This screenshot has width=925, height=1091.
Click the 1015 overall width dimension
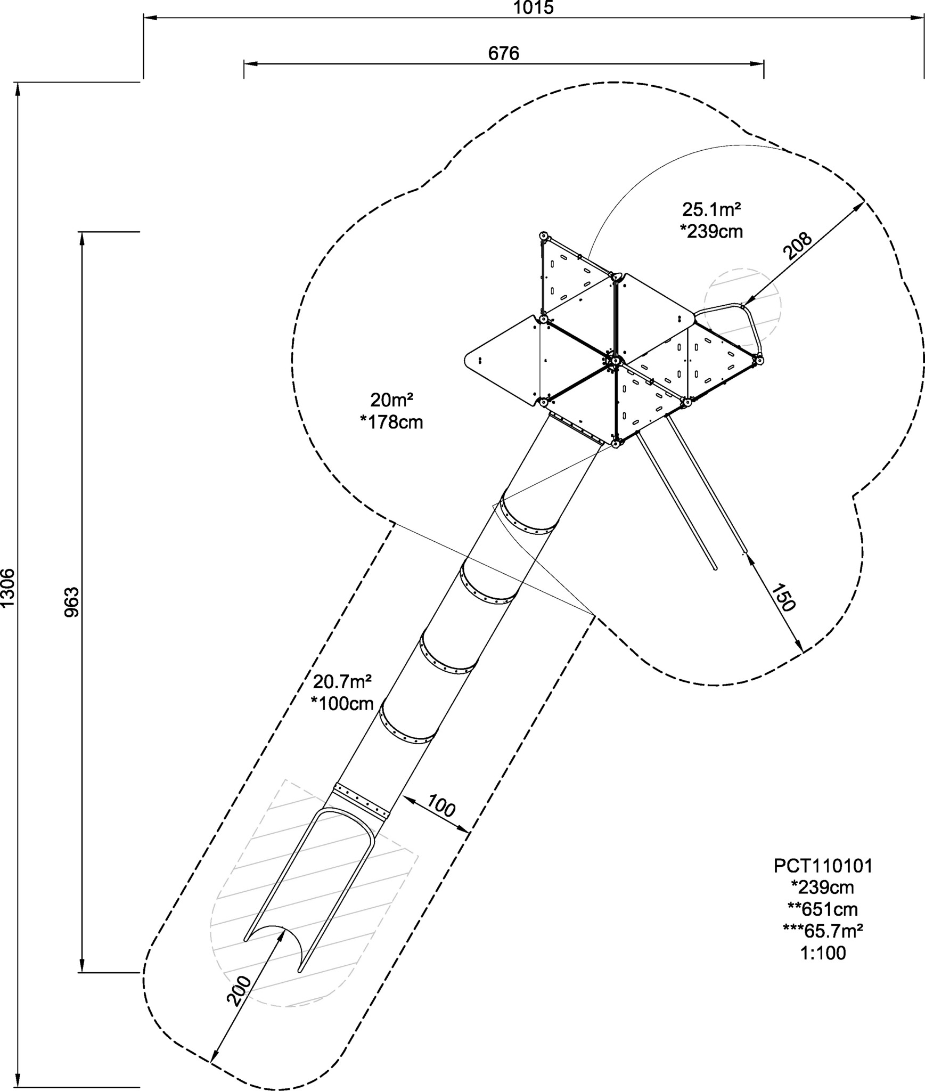pos(534,7)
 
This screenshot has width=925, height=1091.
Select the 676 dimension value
pos(503,53)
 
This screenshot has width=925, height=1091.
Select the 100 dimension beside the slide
pos(441,807)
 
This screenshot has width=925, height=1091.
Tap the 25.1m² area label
pos(712,210)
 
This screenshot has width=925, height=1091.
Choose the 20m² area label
pos(392,400)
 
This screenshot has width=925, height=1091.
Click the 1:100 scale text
pos(823,953)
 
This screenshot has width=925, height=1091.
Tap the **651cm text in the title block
pos(823,909)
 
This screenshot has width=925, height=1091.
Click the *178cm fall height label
pos(392,422)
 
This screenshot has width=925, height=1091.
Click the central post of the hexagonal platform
pos(613,361)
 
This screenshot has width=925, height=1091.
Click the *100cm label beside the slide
pos(342,703)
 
